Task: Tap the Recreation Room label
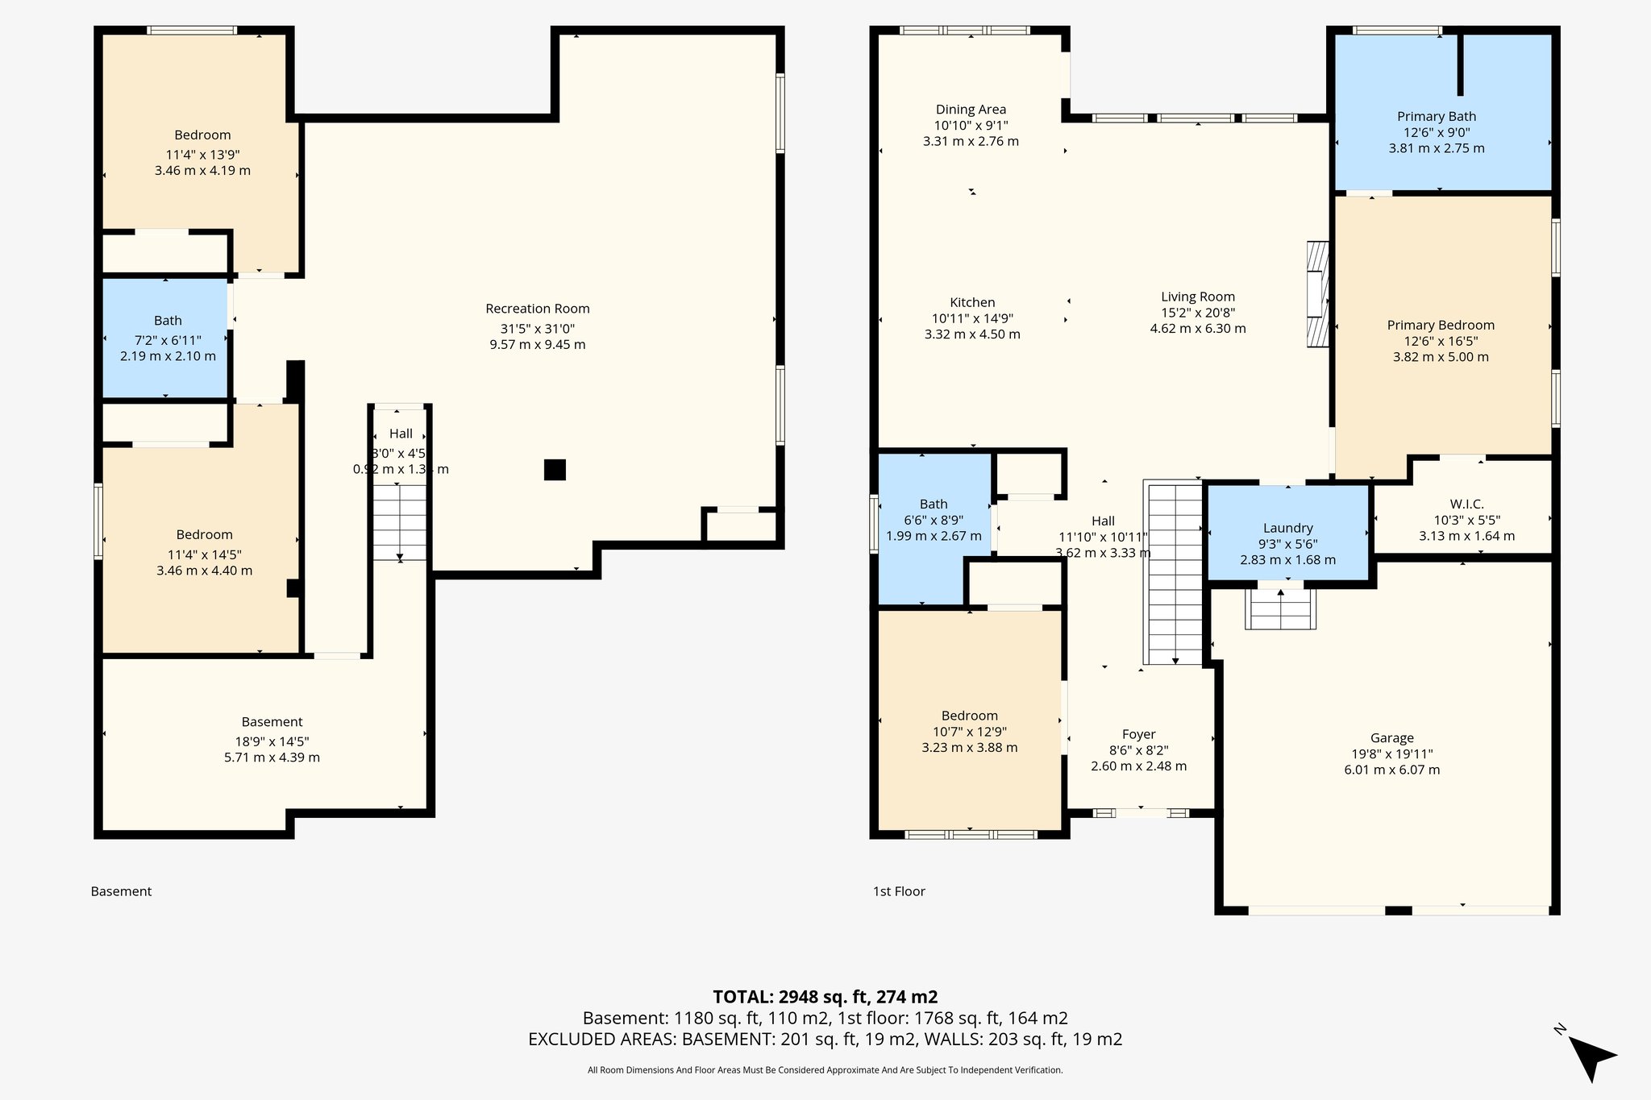(x=538, y=309)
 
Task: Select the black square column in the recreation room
(x=555, y=470)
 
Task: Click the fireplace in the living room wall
(x=1317, y=295)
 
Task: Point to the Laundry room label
(x=1287, y=529)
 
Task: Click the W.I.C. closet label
(x=1466, y=504)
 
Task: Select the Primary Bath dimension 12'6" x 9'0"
(x=1436, y=132)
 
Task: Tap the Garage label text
(x=1391, y=738)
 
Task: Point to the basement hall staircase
(x=399, y=521)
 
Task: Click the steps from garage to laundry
(x=1280, y=609)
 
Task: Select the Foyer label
(x=1138, y=734)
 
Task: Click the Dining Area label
(x=971, y=110)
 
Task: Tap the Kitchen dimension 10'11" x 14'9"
(x=972, y=318)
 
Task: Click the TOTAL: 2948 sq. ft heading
(x=825, y=997)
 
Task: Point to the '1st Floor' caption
(x=899, y=891)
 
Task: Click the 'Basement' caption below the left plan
(x=121, y=891)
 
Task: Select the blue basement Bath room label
(x=168, y=321)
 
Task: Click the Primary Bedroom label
(x=1441, y=326)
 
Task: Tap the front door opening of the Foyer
(x=1141, y=813)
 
